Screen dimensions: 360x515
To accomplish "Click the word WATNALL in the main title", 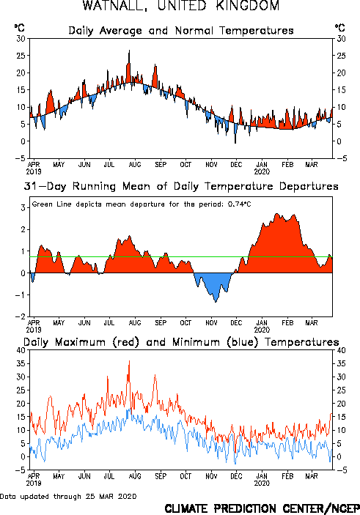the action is tap(114, 6).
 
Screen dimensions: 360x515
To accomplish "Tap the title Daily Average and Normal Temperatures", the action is tap(181, 31).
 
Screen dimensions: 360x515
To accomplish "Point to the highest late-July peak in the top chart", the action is tap(129, 51).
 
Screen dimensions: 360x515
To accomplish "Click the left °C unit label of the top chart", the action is tap(19, 27).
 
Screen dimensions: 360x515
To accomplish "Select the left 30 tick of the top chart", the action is tap(21, 38).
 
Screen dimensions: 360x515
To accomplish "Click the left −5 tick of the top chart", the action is tap(20, 158).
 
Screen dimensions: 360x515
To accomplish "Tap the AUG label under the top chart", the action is tap(135, 165).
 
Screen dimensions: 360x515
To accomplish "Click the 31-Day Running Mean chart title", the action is tap(181, 186).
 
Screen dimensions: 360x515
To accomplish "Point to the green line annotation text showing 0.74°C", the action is tap(142, 204).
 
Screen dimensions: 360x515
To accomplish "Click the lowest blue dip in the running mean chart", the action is tap(216, 301).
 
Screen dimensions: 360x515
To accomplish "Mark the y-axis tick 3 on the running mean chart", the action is tap(23, 207).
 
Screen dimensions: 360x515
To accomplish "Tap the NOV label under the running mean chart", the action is tap(211, 323).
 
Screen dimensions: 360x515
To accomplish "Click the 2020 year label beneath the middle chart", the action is tap(262, 330).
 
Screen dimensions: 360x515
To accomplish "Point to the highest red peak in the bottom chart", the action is tap(129, 361).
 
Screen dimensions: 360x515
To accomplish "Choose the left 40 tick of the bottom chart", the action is tap(21, 350).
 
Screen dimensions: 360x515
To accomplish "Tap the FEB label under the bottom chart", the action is tap(287, 476).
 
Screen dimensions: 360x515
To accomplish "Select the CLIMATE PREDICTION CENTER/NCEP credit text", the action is tap(262, 508).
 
